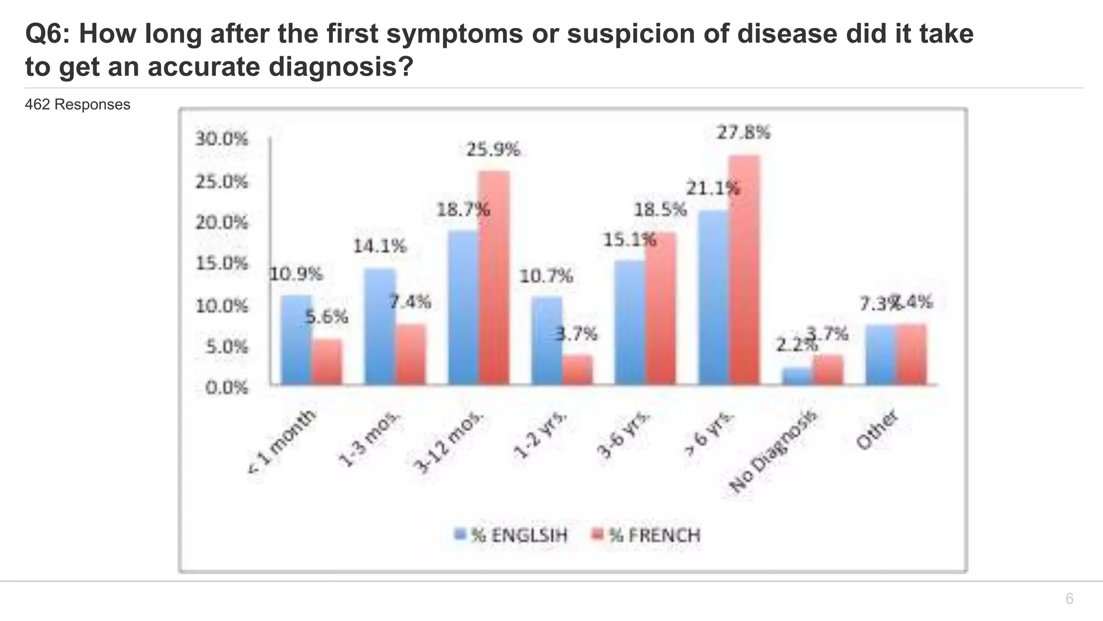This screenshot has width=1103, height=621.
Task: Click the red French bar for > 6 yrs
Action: coord(744,270)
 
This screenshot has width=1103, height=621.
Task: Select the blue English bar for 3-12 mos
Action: coord(463,307)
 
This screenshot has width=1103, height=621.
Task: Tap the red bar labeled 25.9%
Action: coord(494,278)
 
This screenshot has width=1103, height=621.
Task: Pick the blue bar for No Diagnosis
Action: coord(797,376)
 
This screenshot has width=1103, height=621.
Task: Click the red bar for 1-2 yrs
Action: coord(577,370)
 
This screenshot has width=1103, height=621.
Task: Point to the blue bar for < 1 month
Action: coord(296,340)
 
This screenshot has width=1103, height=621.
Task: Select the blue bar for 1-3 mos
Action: coord(379,326)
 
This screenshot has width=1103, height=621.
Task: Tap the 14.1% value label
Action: coord(379,246)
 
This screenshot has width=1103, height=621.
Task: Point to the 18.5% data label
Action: coord(660,210)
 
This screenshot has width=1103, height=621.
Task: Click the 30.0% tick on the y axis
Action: coord(221,139)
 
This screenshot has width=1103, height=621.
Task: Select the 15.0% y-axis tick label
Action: coord(221,264)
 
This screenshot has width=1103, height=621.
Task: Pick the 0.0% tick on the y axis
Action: coord(227,388)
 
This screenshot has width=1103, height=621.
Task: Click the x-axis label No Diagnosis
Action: coord(773,452)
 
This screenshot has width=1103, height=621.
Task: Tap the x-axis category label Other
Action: coord(877,430)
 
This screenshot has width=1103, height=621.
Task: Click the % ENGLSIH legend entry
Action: coord(512,535)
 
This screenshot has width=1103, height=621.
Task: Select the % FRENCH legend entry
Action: coord(646,535)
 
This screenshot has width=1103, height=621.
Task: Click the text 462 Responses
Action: coord(78,105)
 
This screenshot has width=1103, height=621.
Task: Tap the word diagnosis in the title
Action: coord(340,67)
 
